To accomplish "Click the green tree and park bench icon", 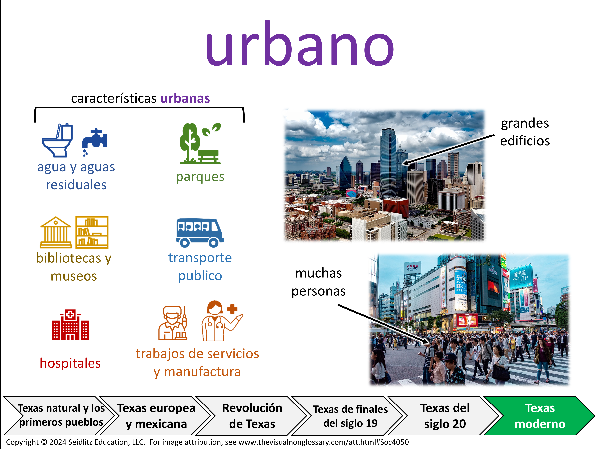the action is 200,143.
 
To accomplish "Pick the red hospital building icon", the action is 70,324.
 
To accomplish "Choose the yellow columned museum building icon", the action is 56,232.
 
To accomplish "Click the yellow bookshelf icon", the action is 92,232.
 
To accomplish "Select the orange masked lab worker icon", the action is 173,323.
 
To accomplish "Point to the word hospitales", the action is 70,363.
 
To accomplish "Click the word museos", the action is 74,276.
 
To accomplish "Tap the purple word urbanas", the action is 185,98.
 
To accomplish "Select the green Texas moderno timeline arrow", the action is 540,416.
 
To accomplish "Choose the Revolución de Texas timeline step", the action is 252,416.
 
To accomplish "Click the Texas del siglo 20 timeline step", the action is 445,416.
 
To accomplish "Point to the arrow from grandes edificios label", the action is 448,149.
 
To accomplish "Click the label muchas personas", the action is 319,282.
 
